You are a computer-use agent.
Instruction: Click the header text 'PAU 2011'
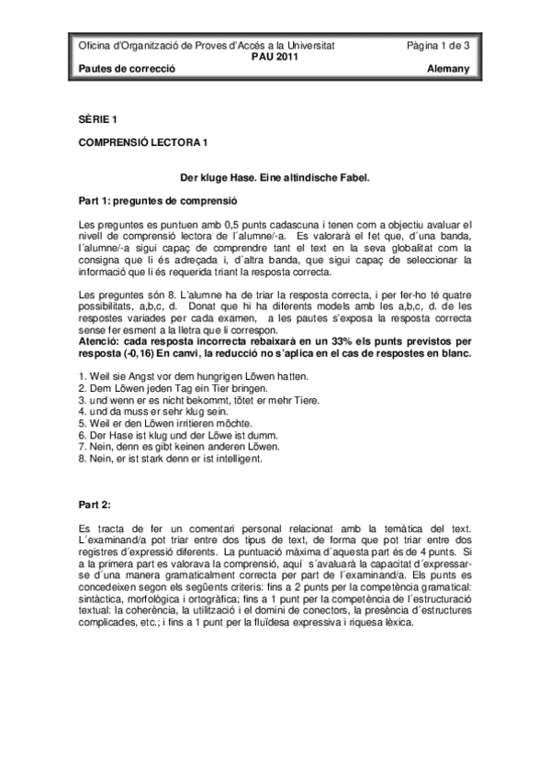tap(275, 56)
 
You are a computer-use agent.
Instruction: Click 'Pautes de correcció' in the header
tap(126, 69)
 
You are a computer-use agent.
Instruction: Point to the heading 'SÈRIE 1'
tap(98, 118)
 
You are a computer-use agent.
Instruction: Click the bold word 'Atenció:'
tap(100, 340)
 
